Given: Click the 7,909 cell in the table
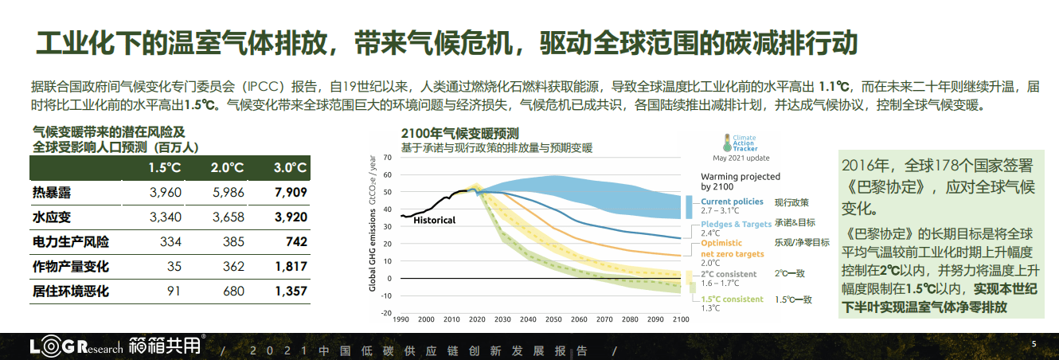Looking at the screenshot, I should pyautogui.click(x=290, y=192).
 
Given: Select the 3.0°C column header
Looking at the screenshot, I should pyautogui.click(x=291, y=168).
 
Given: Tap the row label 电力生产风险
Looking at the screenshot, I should pyautogui.click(x=71, y=241).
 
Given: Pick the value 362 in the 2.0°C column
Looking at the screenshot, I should pyautogui.click(x=233, y=267).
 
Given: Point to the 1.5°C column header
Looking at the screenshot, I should pyautogui.click(x=166, y=168).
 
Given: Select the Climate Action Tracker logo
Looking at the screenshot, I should pyautogui.click(x=741, y=143).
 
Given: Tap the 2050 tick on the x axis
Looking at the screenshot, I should pyautogui.click(x=552, y=319).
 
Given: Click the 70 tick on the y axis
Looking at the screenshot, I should pyautogui.click(x=389, y=157).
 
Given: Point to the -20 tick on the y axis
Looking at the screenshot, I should pyautogui.click(x=387, y=312).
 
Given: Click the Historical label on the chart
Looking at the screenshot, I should pyautogui.click(x=434, y=220).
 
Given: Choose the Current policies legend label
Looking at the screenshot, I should pyautogui.click(x=732, y=202).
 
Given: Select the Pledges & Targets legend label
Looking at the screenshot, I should pyautogui.click(x=736, y=225).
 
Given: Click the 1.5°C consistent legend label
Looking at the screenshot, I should pyautogui.click(x=732, y=299).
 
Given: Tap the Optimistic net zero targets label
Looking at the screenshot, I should pyautogui.click(x=732, y=248).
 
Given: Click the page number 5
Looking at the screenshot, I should pyautogui.click(x=1034, y=343).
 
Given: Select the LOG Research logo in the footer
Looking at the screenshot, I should pyautogui.click(x=76, y=348).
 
